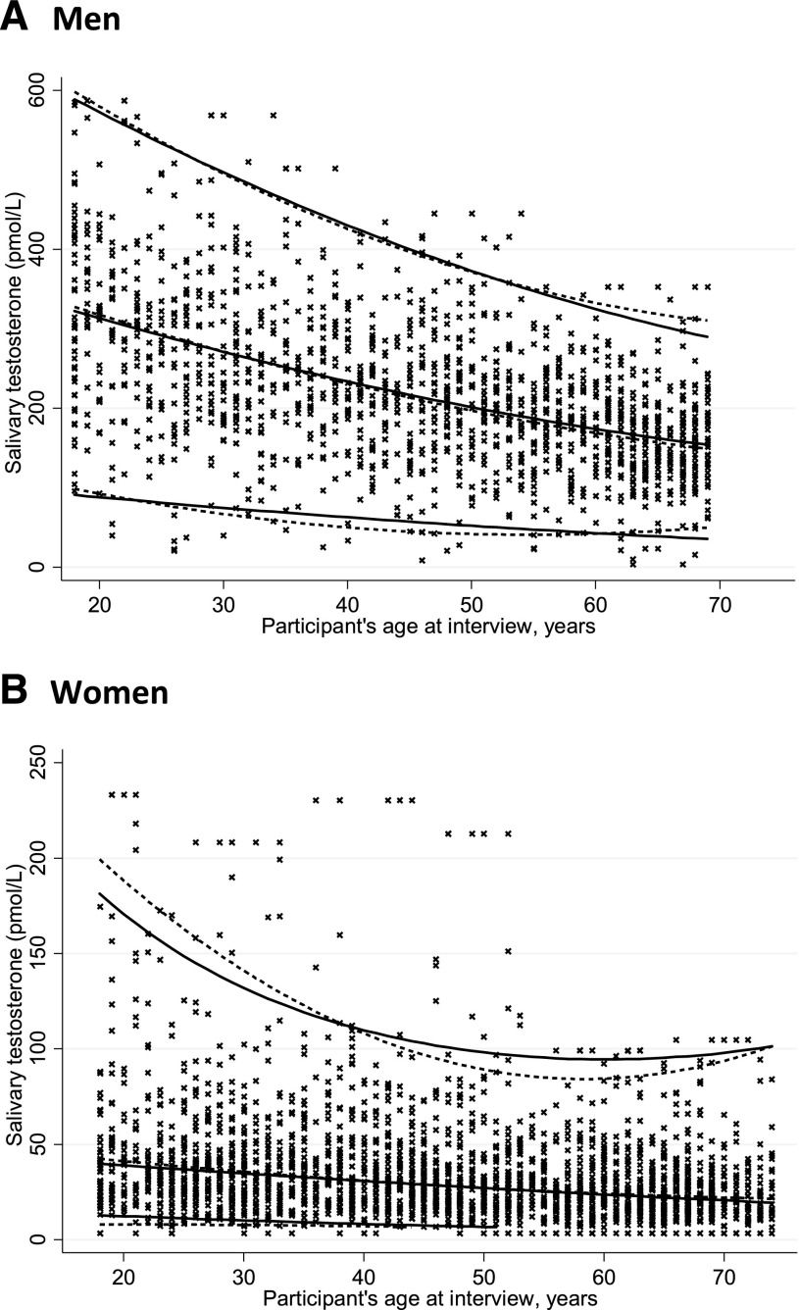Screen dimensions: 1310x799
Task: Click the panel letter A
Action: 14,18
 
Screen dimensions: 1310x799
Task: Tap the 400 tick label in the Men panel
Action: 41,249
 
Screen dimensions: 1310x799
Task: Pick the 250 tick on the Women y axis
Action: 41,762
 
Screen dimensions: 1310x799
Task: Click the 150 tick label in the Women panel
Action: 41,953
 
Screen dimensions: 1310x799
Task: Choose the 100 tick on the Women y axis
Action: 41,1048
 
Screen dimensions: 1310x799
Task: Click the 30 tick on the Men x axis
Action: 224,601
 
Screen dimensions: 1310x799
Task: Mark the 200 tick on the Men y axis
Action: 41,408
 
